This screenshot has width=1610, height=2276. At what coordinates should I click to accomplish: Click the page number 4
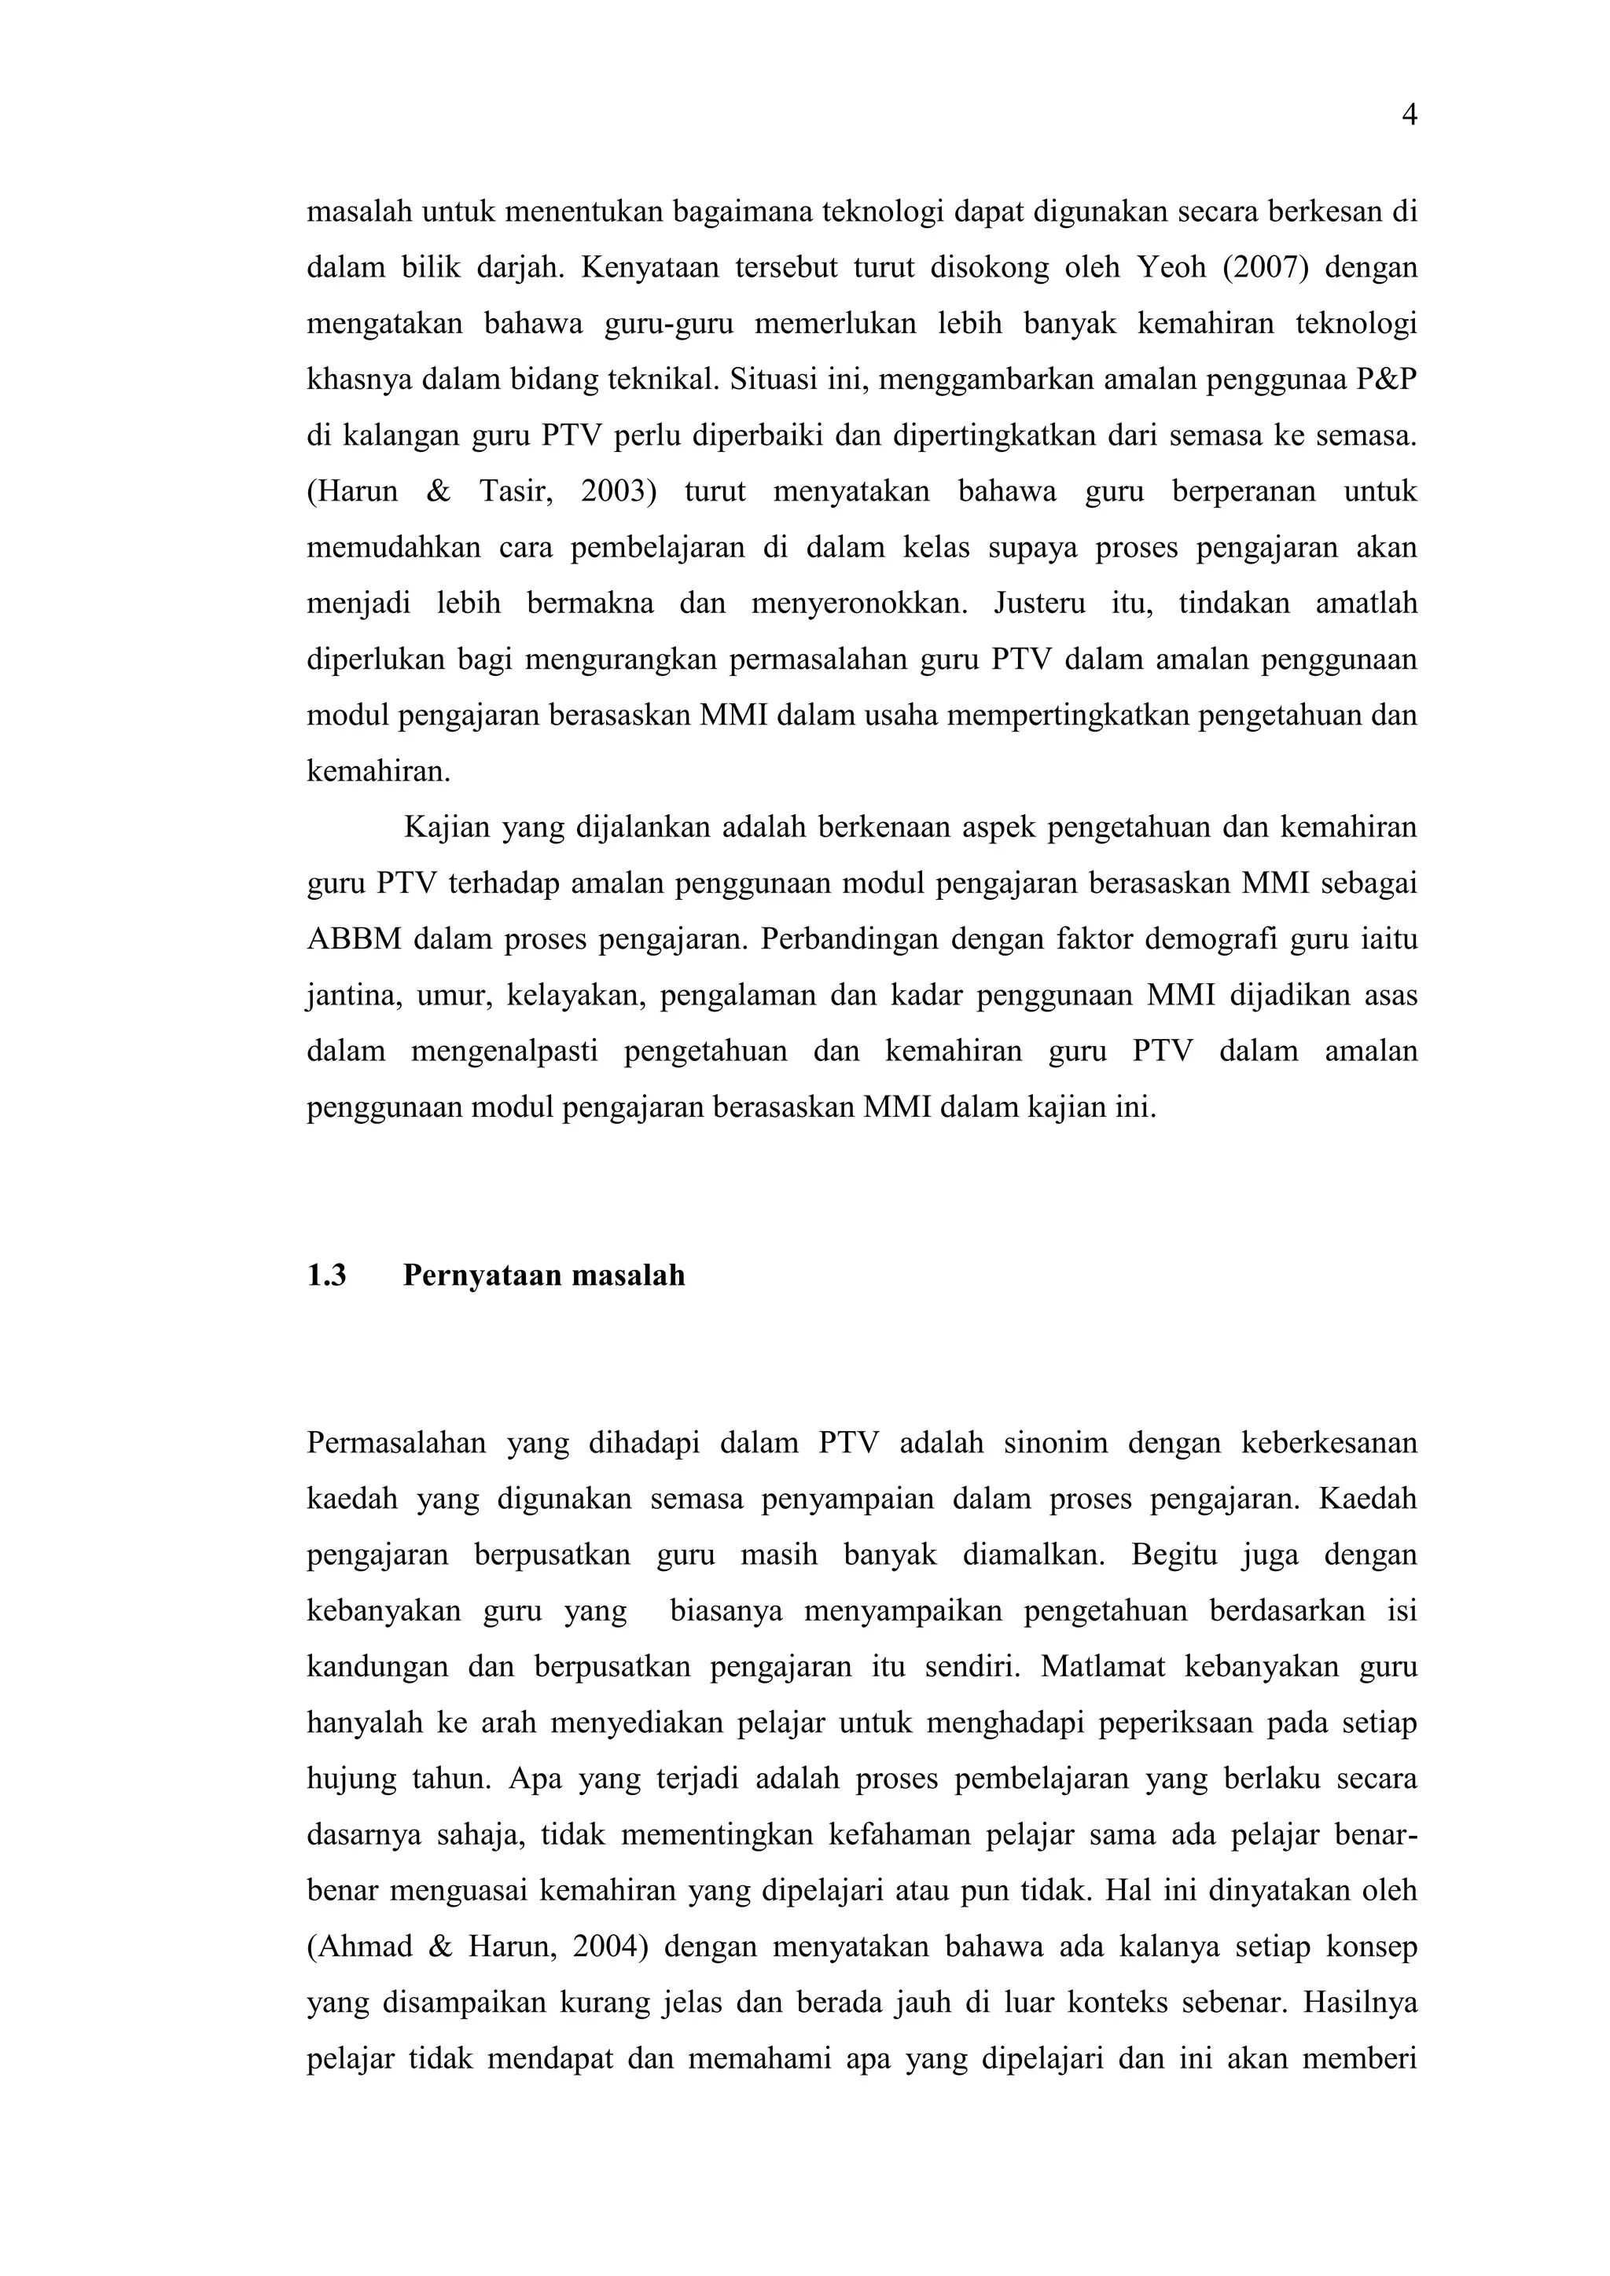coord(1409,117)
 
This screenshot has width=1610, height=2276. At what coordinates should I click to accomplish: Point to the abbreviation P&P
coord(1385,380)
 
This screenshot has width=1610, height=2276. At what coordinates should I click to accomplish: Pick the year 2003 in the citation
coord(619,492)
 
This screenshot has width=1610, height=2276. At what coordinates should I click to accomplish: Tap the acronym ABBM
coord(354,938)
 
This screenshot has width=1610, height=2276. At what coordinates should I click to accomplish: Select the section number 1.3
coord(326,1276)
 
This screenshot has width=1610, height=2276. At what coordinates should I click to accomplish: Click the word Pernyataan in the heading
coord(482,1276)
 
